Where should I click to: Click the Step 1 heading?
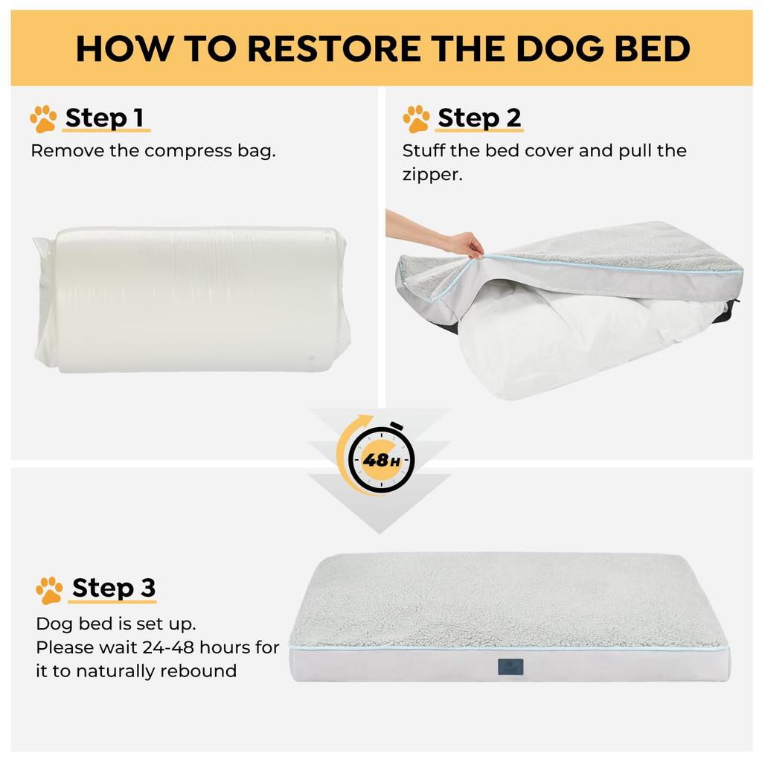pyautogui.click(x=104, y=118)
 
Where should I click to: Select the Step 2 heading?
pyautogui.click(x=479, y=118)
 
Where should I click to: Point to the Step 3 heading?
pyautogui.click(x=114, y=588)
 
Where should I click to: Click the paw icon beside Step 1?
pyautogui.click(x=43, y=119)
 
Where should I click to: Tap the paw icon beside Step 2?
pyautogui.click(x=416, y=119)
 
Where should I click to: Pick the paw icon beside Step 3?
pyautogui.click(x=49, y=590)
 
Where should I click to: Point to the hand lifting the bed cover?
pyautogui.click(x=464, y=243)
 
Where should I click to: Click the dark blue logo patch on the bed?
pyautogui.click(x=510, y=666)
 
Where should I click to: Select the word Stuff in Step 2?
pyautogui.click(x=423, y=150)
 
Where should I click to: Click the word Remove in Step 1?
pyautogui.click(x=62, y=150)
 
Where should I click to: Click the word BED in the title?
pyautogui.click(x=649, y=48)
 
